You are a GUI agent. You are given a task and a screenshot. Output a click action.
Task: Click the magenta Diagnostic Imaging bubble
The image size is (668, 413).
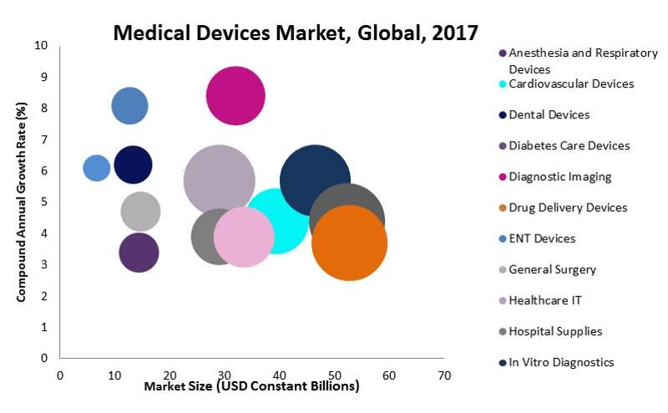tap(235, 95)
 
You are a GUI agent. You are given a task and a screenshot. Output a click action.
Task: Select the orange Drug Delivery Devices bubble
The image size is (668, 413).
tap(349, 243)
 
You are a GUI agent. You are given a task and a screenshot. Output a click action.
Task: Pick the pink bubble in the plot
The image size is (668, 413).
tap(244, 237)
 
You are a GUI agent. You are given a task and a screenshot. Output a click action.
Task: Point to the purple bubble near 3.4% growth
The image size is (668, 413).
tap(139, 253)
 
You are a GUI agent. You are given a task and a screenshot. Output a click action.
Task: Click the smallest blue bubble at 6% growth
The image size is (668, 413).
tap(97, 168)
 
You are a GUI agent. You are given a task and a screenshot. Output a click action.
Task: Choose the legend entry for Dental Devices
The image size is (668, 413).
tap(549, 114)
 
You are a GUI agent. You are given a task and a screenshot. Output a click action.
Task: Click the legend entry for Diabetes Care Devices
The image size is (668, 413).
tap(568, 145)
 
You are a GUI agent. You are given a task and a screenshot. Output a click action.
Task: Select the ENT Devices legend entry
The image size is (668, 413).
tap(541, 239)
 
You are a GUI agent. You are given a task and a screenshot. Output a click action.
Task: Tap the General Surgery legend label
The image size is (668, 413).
tap(552, 269)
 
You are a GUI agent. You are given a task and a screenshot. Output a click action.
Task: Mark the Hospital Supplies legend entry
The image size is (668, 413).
tap(554, 331)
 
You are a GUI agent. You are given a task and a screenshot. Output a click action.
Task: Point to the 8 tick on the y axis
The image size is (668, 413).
tap(43, 108)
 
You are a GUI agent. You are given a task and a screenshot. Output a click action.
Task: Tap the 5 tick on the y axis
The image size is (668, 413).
tap(43, 202)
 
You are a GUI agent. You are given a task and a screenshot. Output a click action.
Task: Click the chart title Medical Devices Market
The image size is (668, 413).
tap(296, 33)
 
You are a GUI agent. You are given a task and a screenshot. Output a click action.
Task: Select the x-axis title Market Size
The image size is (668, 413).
tap(251, 386)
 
